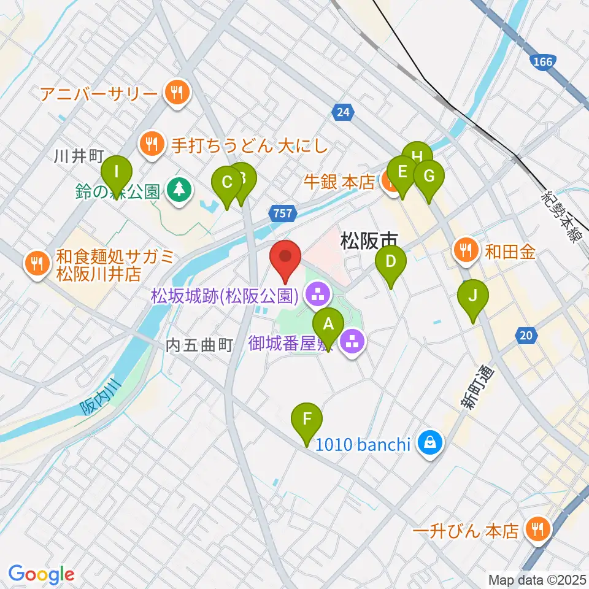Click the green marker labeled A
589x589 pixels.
(x=328, y=323)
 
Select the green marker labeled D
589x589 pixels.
(x=391, y=262)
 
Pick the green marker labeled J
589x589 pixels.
(x=472, y=296)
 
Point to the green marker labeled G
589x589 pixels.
(x=428, y=176)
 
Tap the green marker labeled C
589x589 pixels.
(x=226, y=183)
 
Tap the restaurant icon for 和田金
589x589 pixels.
(x=466, y=250)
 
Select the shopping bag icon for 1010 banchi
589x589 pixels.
(x=430, y=444)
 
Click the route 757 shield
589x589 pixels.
(x=281, y=213)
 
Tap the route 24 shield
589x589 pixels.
(x=344, y=112)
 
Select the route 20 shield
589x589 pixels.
(x=527, y=335)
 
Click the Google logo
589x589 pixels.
(x=41, y=574)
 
